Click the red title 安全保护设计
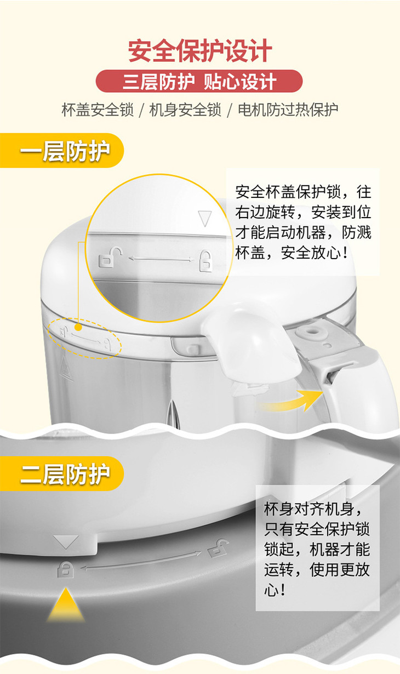(x=200, y=51)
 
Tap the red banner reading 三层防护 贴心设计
(x=199, y=81)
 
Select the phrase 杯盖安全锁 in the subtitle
(x=98, y=110)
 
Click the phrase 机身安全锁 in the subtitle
(x=185, y=110)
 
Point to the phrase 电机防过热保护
(x=288, y=110)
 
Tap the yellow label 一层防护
(x=62, y=151)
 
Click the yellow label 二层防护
(x=62, y=473)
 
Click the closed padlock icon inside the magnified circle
(x=205, y=261)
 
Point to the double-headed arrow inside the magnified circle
(x=161, y=259)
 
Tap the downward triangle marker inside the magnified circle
(x=205, y=219)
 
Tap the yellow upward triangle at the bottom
(x=66, y=604)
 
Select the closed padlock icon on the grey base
(x=65, y=569)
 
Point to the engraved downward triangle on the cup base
(x=66, y=542)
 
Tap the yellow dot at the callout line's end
(x=78, y=327)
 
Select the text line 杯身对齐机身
(x=313, y=509)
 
